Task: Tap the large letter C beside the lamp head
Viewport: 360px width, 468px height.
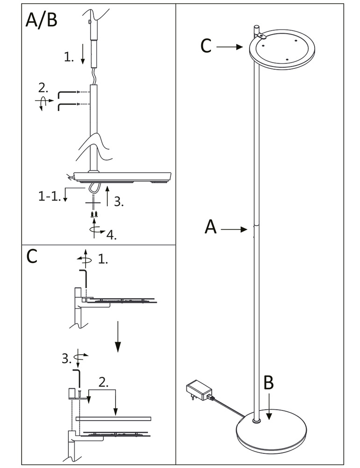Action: point(206,46)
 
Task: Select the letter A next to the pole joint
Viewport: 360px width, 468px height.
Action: point(211,227)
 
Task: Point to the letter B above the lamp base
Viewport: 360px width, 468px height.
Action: point(268,383)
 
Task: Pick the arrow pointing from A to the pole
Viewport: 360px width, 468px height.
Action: point(234,229)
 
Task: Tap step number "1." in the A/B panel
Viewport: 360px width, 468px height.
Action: point(69,58)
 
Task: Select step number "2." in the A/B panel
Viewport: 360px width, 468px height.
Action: point(43,87)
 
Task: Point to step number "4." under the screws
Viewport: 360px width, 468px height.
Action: point(111,234)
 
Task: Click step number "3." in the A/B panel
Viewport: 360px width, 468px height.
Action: point(119,202)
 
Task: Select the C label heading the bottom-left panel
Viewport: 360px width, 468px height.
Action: point(31,256)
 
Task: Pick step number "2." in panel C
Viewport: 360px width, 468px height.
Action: point(104,382)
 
